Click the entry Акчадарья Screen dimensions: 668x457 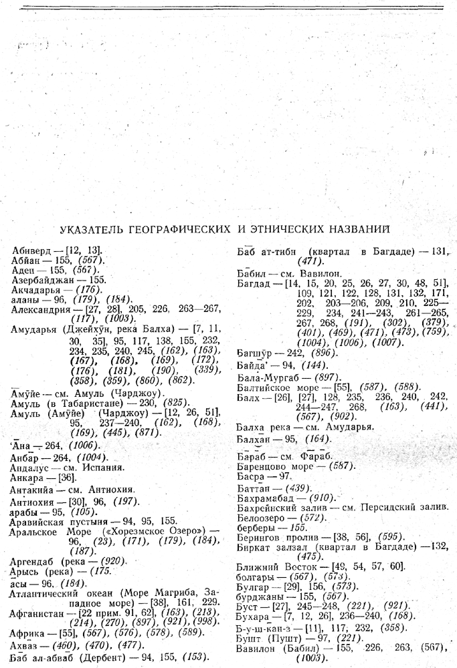(x=37, y=291)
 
